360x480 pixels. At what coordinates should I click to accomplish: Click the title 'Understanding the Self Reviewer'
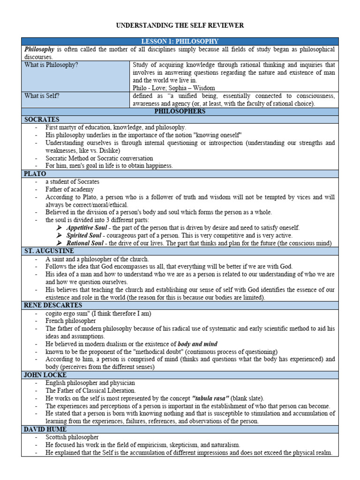(180, 25)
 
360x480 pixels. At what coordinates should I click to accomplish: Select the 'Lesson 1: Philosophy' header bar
(180, 42)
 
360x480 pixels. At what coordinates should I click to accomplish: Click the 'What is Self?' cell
(42, 96)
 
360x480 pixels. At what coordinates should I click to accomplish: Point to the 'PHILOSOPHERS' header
(180, 112)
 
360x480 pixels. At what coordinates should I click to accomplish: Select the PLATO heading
(36, 173)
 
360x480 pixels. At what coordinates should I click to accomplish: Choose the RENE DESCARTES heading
(52, 305)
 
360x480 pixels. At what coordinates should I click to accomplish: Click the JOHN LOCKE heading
(45, 375)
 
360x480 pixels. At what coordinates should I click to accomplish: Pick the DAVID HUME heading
(45, 429)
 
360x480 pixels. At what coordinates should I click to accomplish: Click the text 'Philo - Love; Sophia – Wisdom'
(174, 88)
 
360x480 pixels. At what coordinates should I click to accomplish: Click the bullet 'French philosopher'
(70, 321)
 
